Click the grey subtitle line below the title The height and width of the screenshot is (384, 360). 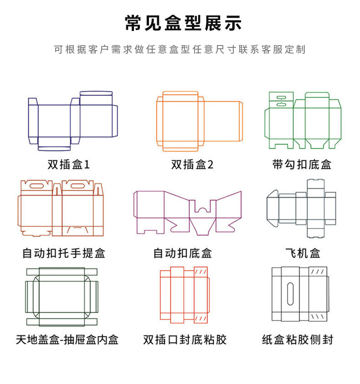pos(180,50)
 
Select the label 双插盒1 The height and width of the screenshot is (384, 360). pos(69,164)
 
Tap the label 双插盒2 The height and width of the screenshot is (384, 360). pos(192,164)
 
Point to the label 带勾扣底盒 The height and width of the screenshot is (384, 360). pos(302,164)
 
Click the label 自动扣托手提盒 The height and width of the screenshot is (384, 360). pos(64,253)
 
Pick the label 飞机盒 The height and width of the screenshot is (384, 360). pos(303,253)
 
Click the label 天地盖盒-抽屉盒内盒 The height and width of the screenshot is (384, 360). pos(67,339)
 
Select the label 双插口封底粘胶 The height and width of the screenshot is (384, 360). pos(185,339)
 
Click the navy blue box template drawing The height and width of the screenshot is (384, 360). pos(73,121)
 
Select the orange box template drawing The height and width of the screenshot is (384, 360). pos(199,121)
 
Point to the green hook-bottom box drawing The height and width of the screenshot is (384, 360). pos(303,121)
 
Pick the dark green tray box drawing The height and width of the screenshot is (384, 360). pos(62,297)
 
